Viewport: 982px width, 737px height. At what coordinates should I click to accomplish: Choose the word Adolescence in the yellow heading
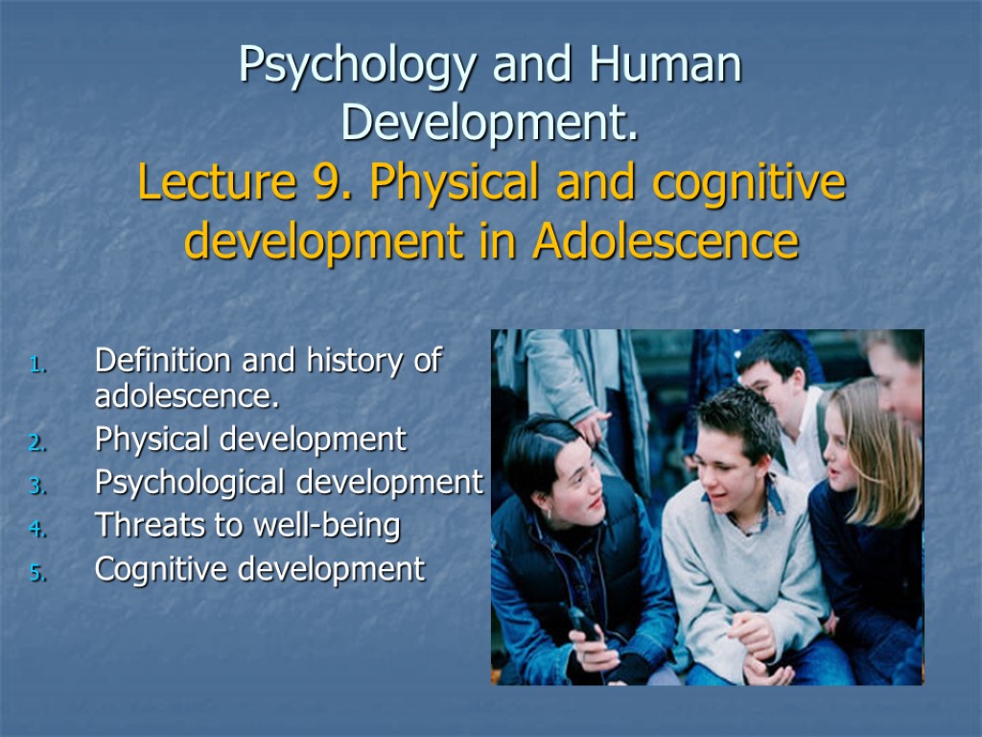point(666,242)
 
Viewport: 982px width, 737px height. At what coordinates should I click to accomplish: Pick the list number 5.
point(37,574)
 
